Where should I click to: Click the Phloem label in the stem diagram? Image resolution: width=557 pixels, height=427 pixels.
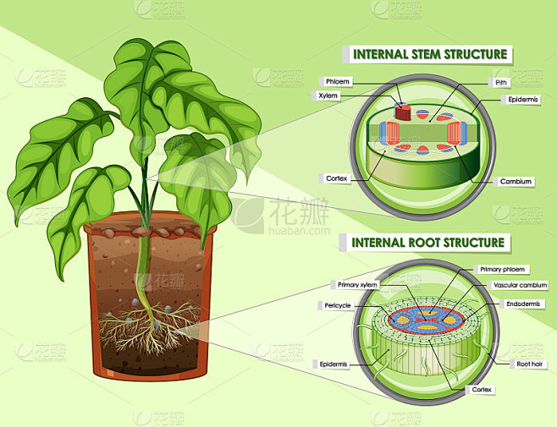pos(338,82)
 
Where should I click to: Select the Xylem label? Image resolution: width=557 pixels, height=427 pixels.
pos(328,96)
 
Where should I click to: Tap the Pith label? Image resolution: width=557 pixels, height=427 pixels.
pos(501,83)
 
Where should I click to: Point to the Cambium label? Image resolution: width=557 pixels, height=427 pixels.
pos(516,182)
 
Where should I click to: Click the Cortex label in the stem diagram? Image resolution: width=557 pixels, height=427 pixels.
pos(336,178)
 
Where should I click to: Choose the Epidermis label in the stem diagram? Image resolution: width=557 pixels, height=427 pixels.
pos(523,100)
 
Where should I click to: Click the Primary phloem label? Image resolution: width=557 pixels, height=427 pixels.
pos(502,270)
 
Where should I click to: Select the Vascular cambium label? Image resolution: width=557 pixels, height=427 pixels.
pos(521,285)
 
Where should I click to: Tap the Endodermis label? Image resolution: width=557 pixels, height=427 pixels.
pos(523,304)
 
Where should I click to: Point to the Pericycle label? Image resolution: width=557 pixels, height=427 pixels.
pos(338,305)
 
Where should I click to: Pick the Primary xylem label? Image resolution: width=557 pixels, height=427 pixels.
pos(357,285)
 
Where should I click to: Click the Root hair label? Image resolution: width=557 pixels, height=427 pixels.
pos(530,364)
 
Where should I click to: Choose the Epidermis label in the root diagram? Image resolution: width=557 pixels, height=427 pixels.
pos(334,364)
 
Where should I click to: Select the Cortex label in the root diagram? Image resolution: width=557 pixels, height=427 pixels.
pos(482,390)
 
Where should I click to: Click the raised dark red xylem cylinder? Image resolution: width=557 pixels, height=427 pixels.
pos(403,112)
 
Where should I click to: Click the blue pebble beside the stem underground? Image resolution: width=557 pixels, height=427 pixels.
pos(135,303)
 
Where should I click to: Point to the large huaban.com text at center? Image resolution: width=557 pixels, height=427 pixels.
pos(299,231)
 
